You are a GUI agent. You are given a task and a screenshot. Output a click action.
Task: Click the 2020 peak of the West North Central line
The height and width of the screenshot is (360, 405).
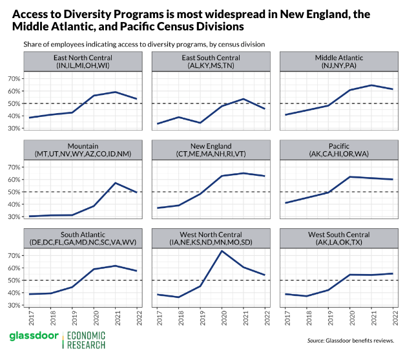[222, 251]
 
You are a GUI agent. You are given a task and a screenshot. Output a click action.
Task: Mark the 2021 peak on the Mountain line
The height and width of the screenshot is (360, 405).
[116, 183]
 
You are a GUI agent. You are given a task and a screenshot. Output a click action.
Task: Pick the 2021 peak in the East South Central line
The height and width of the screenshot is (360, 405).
[244, 99]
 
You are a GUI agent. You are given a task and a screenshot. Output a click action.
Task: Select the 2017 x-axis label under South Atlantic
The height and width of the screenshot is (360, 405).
[30, 319]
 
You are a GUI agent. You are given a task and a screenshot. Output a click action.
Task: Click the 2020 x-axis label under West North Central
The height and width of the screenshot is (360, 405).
[222, 319]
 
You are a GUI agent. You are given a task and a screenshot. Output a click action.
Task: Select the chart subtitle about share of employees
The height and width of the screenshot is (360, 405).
[144, 44]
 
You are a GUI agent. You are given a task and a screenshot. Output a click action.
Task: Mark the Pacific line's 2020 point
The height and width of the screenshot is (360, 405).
[350, 176]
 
